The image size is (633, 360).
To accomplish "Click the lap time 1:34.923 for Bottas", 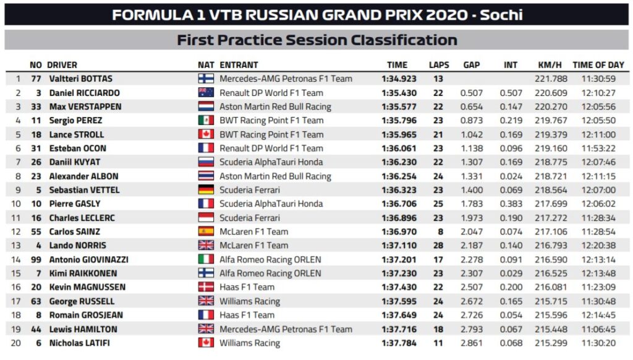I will (398, 79).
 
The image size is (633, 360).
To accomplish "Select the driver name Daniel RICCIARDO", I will (84, 93).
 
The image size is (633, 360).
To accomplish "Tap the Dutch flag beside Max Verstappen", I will (206, 106).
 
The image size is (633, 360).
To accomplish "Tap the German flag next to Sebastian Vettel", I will (206, 190).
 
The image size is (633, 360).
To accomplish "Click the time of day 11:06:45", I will (598, 329).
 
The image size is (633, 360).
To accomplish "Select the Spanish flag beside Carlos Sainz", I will (206, 231).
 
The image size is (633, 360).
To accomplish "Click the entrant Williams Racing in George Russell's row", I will (250, 301).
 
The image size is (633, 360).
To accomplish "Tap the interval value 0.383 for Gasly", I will (510, 204).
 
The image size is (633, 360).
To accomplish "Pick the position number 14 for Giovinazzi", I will (18, 259).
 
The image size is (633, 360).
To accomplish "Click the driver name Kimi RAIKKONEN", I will (83, 273).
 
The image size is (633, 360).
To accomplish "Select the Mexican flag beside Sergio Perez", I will (206, 121).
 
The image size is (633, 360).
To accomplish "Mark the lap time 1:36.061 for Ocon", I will (398, 148).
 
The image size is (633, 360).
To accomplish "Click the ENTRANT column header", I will (239, 64).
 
